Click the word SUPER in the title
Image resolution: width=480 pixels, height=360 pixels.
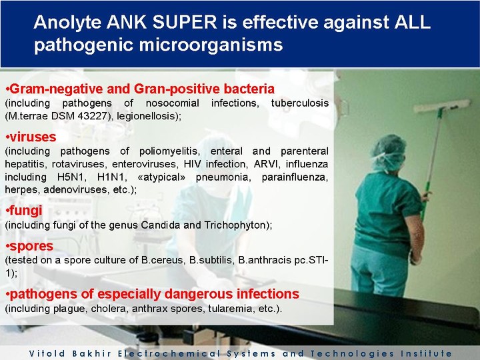point(184,22)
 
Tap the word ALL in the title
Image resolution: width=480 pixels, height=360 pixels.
point(413,22)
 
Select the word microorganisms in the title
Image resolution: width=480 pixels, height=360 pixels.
point(211,45)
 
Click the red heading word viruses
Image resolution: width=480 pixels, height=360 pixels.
point(33,137)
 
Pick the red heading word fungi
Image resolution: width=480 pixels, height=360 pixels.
point(26,211)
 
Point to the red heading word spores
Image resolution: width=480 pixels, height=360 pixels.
point(31,246)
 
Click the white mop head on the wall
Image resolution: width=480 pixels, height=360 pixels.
point(443,106)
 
